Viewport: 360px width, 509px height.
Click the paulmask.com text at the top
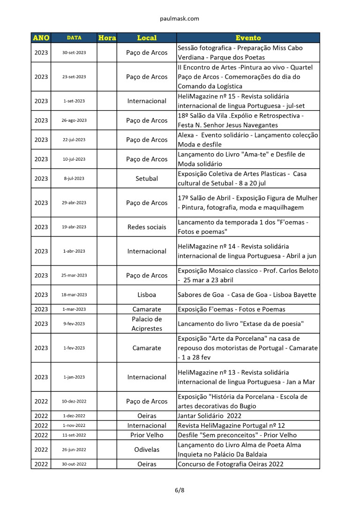(180, 19)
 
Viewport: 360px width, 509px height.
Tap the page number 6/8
(180, 491)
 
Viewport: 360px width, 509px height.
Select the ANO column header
(41, 38)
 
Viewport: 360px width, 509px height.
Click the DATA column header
(74, 38)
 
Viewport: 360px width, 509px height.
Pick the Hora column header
(107, 38)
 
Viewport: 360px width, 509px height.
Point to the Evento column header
(248, 38)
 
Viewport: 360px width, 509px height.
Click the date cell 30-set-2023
(74, 52)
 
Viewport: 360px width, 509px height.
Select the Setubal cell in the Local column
(147, 179)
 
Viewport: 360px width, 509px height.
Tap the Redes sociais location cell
(147, 227)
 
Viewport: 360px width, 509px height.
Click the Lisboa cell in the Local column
(147, 295)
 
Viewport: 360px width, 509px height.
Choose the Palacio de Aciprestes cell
(147, 324)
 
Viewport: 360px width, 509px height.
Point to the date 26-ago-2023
(74, 120)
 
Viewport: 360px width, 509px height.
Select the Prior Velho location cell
(147, 435)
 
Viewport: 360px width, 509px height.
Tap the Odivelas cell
(147, 449)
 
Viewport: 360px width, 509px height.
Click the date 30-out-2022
(74, 464)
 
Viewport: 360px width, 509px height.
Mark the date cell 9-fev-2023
(74, 324)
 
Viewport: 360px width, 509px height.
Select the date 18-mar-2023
(74, 295)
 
